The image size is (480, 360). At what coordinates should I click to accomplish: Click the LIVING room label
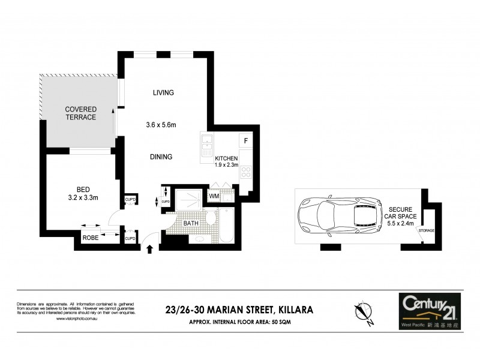(x=163, y=92)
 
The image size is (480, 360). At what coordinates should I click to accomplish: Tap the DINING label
(x=161, y=157)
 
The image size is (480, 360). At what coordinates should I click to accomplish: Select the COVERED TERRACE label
(x=81, y=113)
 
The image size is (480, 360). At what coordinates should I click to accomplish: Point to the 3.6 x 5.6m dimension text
(x=164, y=125)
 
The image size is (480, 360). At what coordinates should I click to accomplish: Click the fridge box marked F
(x=245, y=141)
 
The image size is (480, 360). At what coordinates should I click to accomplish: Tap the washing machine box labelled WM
(x=214, y=196)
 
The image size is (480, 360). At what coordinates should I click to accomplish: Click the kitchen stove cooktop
(x=245, y=172)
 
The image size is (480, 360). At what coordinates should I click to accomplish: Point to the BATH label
(x=191, y=223)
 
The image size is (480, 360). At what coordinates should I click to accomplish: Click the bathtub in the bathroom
(x=226, y=225)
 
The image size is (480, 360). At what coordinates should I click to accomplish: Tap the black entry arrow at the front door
(x=150, y=250)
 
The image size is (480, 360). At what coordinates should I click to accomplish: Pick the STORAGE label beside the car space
(x=427, y=230)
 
